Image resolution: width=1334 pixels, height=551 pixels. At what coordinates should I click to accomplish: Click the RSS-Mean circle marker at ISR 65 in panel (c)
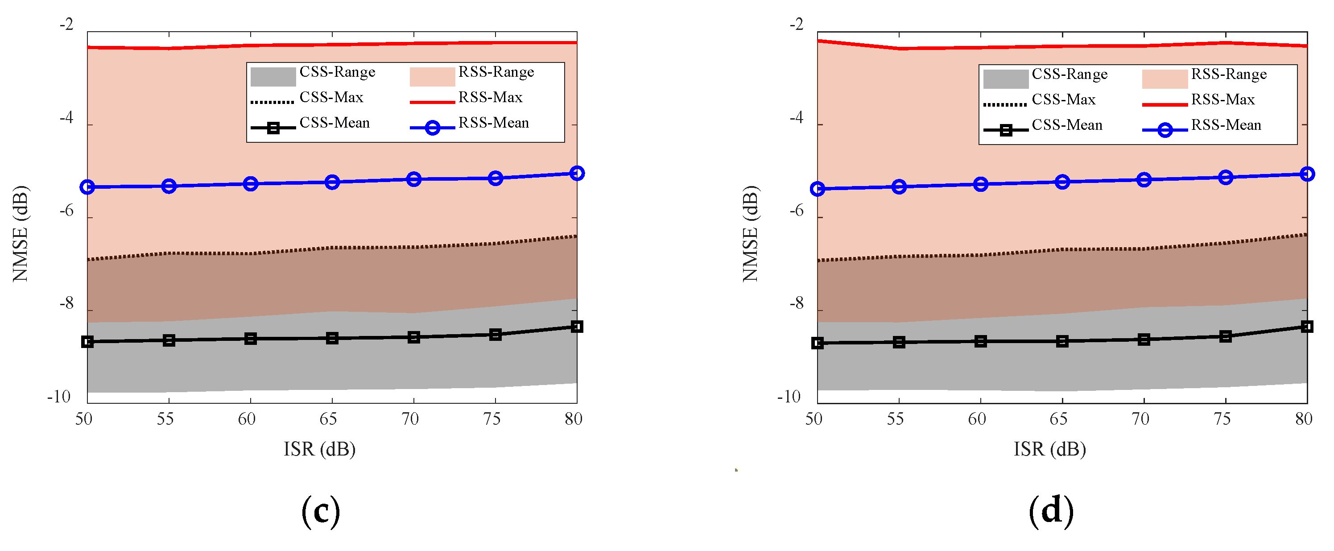(x=332, y=182)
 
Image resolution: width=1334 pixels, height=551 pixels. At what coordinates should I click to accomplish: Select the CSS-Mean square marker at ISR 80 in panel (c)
(x=577, y=326)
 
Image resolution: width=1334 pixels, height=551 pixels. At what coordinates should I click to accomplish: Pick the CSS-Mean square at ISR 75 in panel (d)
(x=1225, y=336)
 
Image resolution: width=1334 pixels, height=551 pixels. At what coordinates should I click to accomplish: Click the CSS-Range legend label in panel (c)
(x=337, y=72)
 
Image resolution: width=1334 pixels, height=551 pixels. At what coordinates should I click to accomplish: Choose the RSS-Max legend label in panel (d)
(x=1222, y=99)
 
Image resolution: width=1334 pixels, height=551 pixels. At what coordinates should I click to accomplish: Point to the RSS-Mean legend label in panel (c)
(x=494, y=123)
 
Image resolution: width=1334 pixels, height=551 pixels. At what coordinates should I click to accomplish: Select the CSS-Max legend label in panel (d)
(x=1064, y=99)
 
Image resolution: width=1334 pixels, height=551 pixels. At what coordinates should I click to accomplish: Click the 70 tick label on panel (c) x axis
(x=410, y=418)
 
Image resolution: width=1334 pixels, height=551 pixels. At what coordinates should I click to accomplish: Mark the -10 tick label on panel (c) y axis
(x=58, y=397)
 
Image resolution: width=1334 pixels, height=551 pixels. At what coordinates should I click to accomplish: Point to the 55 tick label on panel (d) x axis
(x=896, y=418)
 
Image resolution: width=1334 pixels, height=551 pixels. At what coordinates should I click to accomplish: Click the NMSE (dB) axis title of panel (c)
(x=21, y=233)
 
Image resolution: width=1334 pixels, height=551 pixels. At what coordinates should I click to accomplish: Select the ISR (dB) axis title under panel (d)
(x=1050, y=449)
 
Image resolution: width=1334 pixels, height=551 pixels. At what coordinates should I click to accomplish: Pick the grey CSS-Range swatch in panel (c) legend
(x=273, y=77)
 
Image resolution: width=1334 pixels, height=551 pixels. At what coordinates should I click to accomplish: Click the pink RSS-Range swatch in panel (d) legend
(x=1165, y=79)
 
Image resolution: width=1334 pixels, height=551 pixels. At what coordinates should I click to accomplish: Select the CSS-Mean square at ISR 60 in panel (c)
(x=251, y=339)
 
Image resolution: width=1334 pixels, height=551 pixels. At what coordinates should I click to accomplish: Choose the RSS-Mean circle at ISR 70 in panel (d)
(x=1144, y=180)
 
